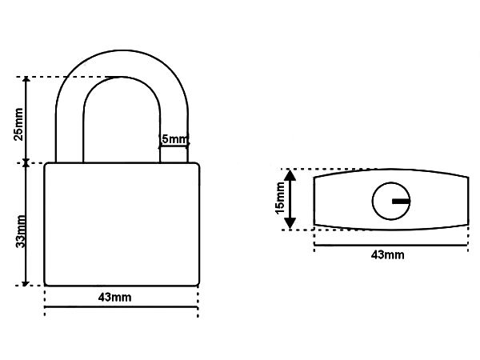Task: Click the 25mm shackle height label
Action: pyautogui.click(x=18, y=124)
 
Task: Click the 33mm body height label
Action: pyautogui.click(x=21, y=231)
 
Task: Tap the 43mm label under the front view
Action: pyautogui.click(x=114, y=298)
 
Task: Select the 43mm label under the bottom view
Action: pyautogui.click(x=387, y=254)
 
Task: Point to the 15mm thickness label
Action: pyautogui.click(x=281, y=198)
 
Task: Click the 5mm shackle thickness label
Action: pyautogui.click(x=174, y=139)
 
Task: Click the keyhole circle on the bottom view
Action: pyautogui.click(x=391, y=201)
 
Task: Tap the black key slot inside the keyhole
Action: pyautogui.click(x=401, y=201)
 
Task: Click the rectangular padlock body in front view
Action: pyautogui.click(x=122, y=224)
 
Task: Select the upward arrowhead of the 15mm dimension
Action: pyautogui.click(x=290, y=174)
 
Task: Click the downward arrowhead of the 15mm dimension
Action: pyautogui.click(x=290, y=223)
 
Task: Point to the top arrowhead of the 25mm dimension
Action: pyautogui.click(x=26, y=79)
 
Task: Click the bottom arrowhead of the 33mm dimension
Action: pyautogui.click(x=26, y=283)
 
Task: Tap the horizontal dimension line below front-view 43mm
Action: pyautogui.click(x=122, y=306)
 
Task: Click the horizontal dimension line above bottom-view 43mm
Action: pyautogui.click(x=391, y=245)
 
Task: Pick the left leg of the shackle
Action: pyautogui.click(x=70, y=134)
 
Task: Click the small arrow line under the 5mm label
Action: pyautogui.click(x=174, y=146)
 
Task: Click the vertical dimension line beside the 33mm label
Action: pyautogui.click(x=26, y=224)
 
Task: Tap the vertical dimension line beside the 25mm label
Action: pyautogui.click(x=26, y=120)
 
